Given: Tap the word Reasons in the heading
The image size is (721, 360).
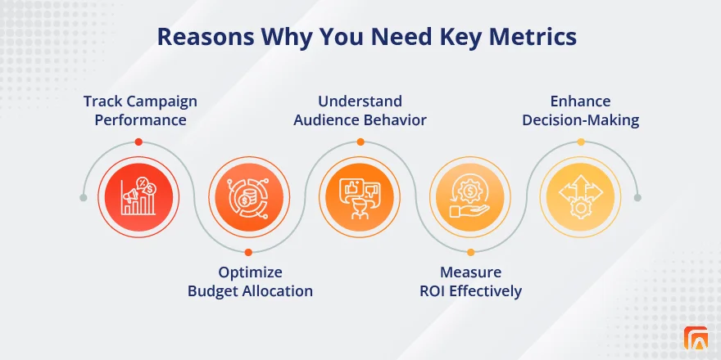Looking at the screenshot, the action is [x=206, y=37].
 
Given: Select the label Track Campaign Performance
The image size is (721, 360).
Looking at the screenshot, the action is [x=140, y=110].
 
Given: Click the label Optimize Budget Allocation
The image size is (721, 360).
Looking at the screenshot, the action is [x=250, y=281].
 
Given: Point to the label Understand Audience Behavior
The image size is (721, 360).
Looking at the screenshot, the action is [x=360, y=110].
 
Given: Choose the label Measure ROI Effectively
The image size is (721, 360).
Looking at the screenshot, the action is [x=471, y=281].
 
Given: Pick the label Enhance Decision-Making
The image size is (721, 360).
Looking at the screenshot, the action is [x=581, y=110].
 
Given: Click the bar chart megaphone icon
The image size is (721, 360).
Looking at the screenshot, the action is [x=138, y=197].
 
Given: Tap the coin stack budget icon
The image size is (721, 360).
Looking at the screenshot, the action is [x=249, y=197].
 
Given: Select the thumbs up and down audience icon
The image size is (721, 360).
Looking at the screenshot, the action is [x=360, y=197].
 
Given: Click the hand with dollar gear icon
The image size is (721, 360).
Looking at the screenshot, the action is [x=470, y=197].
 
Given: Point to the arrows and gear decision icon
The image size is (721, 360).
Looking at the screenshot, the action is [x=580, y=196].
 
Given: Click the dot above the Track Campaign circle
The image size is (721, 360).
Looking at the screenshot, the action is [x=138, y=142].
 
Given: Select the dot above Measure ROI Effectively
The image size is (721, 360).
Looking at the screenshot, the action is [x=470, y=252].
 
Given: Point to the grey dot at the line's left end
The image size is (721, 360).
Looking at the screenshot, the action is [x=84, y=197].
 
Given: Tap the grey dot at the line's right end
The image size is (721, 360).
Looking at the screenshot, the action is [x=637, y=197].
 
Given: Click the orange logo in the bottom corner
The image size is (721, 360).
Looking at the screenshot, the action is [x=696, y=338].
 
